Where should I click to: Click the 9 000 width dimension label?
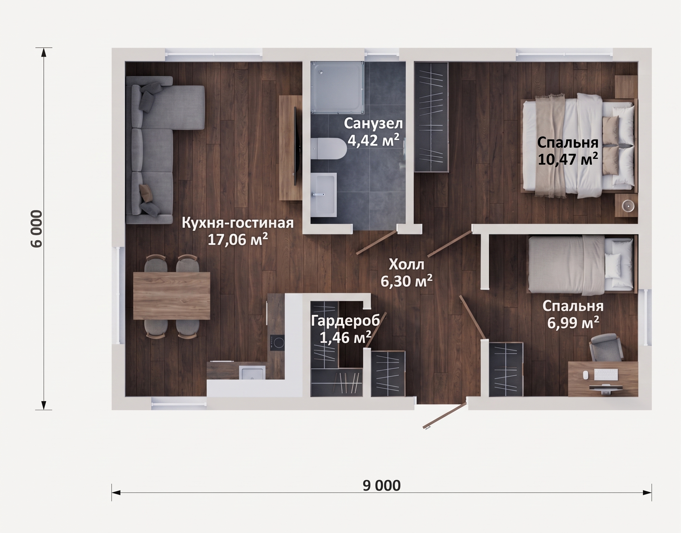(x=381, y=486)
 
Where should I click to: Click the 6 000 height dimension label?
(x=37, y=229)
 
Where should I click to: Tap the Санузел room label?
(x=373, y=124)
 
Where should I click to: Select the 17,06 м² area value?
(x=238, y=239)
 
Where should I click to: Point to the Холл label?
(x=406, y=265)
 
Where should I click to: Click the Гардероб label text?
(x=345, y=321)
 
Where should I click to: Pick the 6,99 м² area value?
(x=573, y=323)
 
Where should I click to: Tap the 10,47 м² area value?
(x=568, y=159)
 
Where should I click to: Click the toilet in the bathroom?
(x=328, y=149)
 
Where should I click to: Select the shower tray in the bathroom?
(x=337, y=88)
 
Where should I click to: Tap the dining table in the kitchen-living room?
(x=171, y=296)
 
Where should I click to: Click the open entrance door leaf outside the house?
(x=445, y=416)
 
